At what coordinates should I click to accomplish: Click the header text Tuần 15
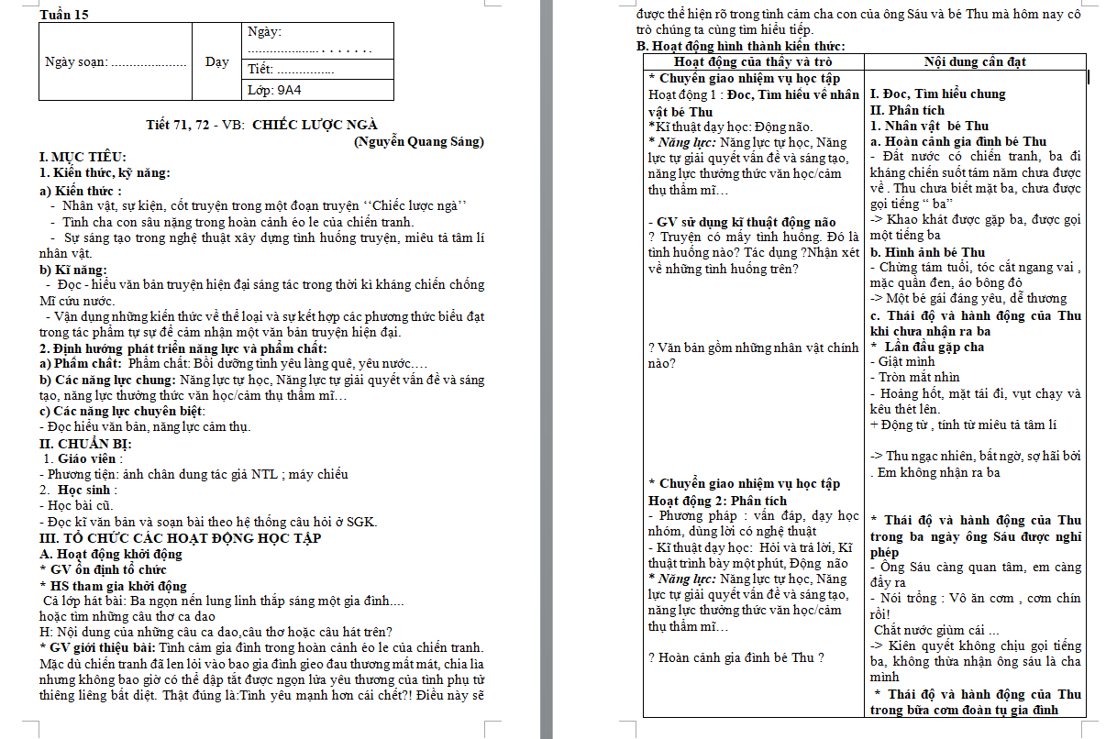[x=66, y=15]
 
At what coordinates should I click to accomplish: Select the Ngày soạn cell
[x=115, y=62]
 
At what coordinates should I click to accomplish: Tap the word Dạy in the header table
[x=216, y=62]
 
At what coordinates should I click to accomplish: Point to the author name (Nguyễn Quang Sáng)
[x=418, y=141]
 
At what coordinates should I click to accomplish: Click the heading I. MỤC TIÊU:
[x=83, y=157]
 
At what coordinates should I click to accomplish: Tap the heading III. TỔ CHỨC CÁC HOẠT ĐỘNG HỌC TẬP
[x=181, y=538]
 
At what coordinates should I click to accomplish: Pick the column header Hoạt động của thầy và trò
[x=753, y=61]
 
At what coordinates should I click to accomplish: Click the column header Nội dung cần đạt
[x=975, y=61]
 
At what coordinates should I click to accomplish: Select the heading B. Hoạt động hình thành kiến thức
[x=740, y=46]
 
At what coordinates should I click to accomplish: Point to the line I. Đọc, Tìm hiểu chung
[x=937, y=94]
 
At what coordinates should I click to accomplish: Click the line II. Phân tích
[x=907, y=110]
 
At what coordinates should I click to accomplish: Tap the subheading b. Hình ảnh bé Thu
[x=928, y=252]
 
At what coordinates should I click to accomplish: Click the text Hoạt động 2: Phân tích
[x=717, y=501]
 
